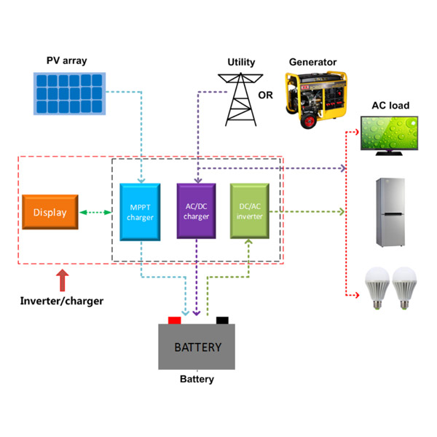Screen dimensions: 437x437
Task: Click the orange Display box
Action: [50, 213]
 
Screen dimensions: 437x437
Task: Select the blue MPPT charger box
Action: [140, 211]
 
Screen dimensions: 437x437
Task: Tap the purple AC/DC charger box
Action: [197, 210]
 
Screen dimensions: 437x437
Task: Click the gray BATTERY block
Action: [197, 347]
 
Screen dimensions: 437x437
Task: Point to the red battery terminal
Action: [175, 320]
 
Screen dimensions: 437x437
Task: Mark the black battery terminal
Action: [222, 320]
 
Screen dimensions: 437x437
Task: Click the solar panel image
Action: [69, 92]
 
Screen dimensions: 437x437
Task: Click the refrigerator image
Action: [391, 212]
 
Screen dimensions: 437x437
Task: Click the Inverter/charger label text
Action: [61, 301]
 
